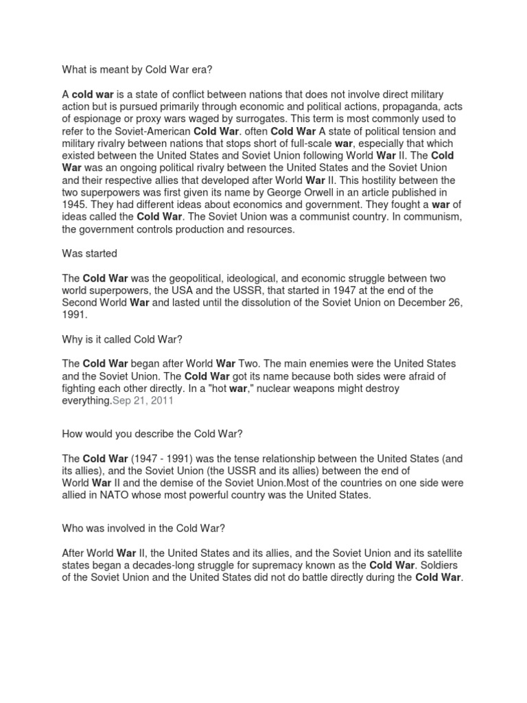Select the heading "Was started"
tap(90, 253)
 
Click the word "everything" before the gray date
tap(86, 402)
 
